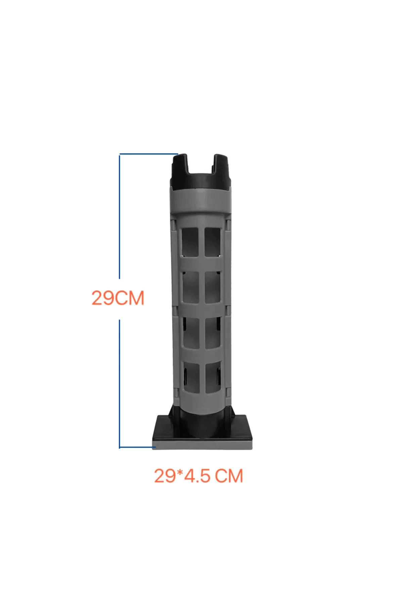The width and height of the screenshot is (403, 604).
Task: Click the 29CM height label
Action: tap(118, 298)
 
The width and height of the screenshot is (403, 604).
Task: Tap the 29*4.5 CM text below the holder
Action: tap(198, 476)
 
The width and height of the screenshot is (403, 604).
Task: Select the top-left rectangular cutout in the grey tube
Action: tap(190, 242)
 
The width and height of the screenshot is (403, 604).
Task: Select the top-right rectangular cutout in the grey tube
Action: tap(213, 242)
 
